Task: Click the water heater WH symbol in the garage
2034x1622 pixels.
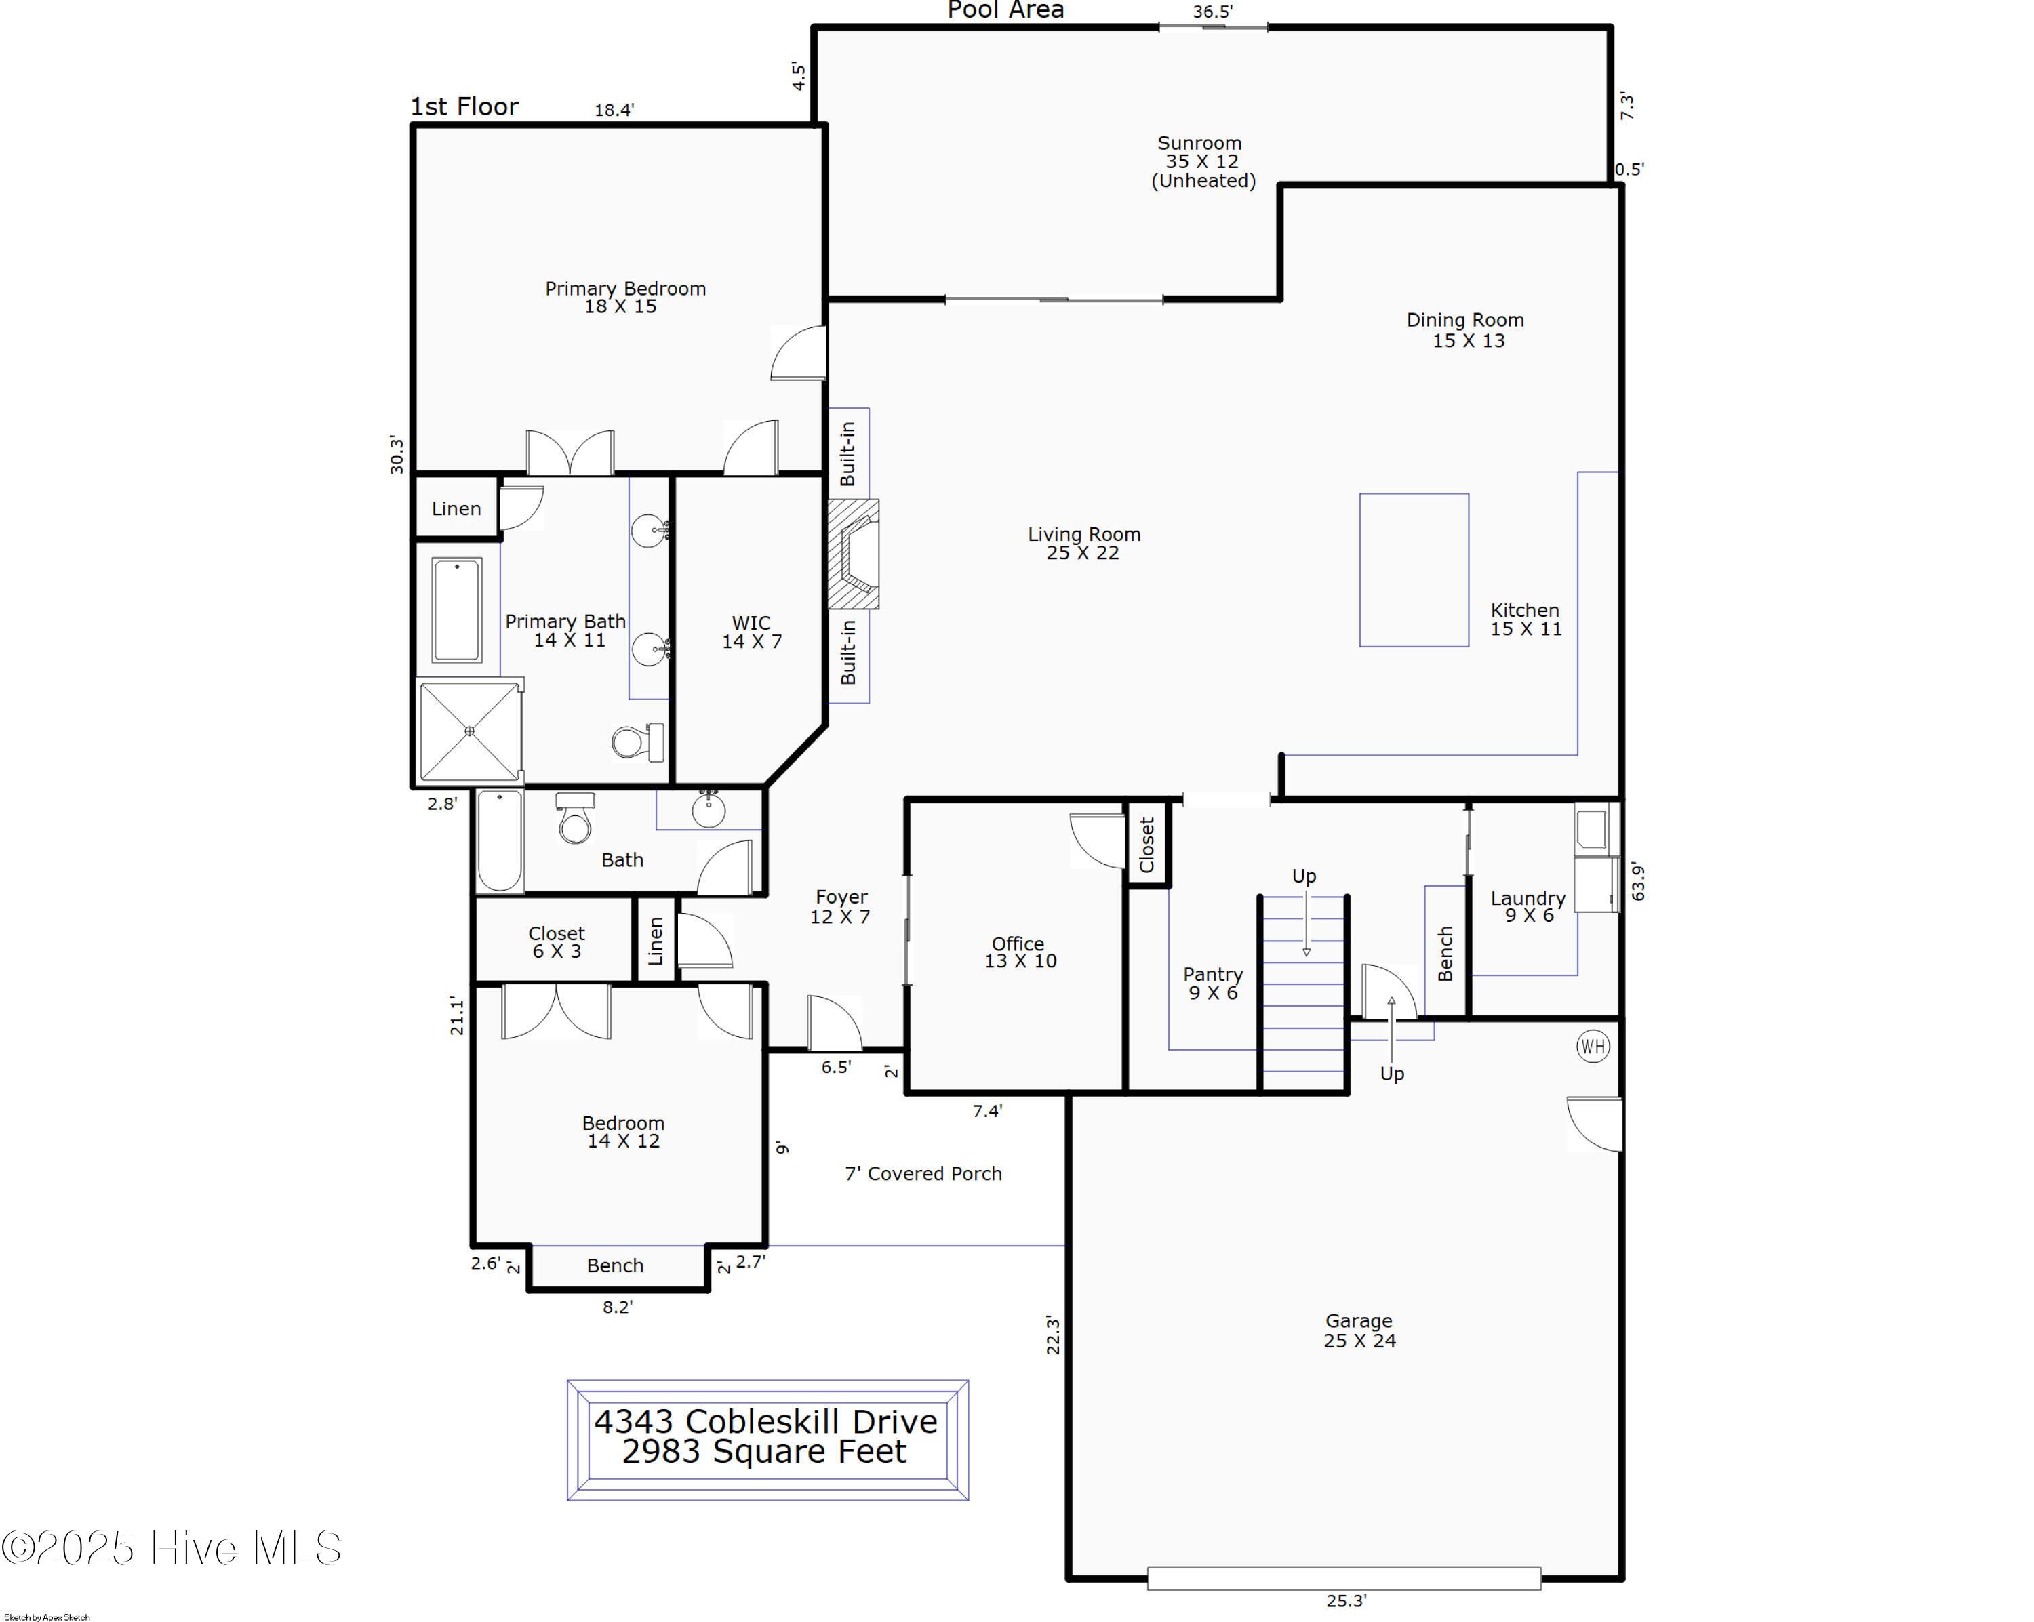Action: coord(1593,1046)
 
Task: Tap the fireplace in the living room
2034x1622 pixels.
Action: coord(853,554)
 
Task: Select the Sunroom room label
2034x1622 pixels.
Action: coord(1199,143)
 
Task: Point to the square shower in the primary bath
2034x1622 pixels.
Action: coord(469,731)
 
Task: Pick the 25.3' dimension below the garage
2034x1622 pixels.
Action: coord(1347,1600)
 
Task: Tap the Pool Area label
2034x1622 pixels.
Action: coord(1005,10)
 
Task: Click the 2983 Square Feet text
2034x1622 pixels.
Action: coord(764,1451)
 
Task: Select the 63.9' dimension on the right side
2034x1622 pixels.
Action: coord(1638,882)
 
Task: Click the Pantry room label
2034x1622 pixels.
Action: coord(1213,974)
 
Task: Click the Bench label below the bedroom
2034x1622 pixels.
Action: coord(615,1265)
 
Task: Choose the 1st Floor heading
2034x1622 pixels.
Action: coord(464,106)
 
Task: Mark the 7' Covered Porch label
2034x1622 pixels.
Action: coord(923,1173)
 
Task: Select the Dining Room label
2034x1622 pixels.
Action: coord(1465,320)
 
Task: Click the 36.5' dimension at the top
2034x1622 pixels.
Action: coord(1213,12)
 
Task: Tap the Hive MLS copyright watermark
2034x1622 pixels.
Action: coord(172,1547)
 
